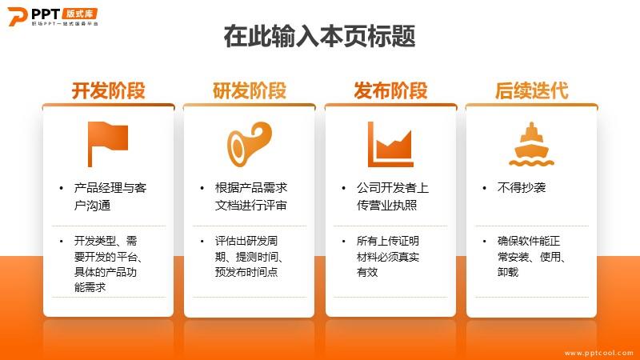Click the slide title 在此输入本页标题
(319, 36)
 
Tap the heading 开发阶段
(109, 90)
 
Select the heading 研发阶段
(250, 90)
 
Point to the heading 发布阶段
(390, 90)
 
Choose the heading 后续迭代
(531, 90)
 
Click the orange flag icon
(107, 144)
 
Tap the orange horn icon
(249, 144)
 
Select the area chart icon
(390, 144)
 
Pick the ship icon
(531, 144)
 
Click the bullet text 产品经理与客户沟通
(110, 196)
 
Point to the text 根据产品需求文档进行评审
(251, 196)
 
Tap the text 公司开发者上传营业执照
(393, 196)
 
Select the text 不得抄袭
(522, 188)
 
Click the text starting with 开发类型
(108, 264)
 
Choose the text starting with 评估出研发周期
(249, 256)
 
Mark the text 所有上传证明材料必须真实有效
(388, 256)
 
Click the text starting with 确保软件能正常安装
(531, 256)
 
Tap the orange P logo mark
(17, 16)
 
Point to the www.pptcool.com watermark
(598, 353)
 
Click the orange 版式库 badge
(80, 14)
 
